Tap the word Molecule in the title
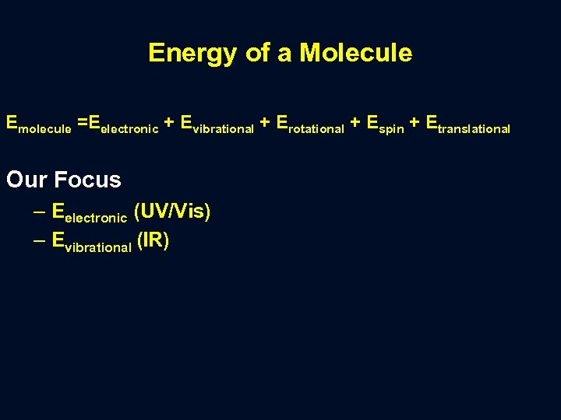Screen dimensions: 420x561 tap(355, 53)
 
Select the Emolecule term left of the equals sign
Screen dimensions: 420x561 tap(38, 124)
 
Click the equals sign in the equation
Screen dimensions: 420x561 tap(81, 122)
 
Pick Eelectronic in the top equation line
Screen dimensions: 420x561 tap(123, 124)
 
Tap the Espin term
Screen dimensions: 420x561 tap(385, 124)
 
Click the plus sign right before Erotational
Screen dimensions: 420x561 tap(265, 122)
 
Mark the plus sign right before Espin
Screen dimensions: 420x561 tap(355, 122)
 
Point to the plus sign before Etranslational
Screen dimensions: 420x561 tap(414, 122)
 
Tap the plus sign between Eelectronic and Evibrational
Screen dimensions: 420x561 tap(169, 122)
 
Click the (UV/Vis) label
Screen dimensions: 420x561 tap(172, 211)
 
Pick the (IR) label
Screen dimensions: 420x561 tap(153, 241)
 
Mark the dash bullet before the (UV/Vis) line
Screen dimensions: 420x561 tap(39, 212)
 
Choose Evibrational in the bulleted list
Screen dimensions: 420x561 tap(90, 243)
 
